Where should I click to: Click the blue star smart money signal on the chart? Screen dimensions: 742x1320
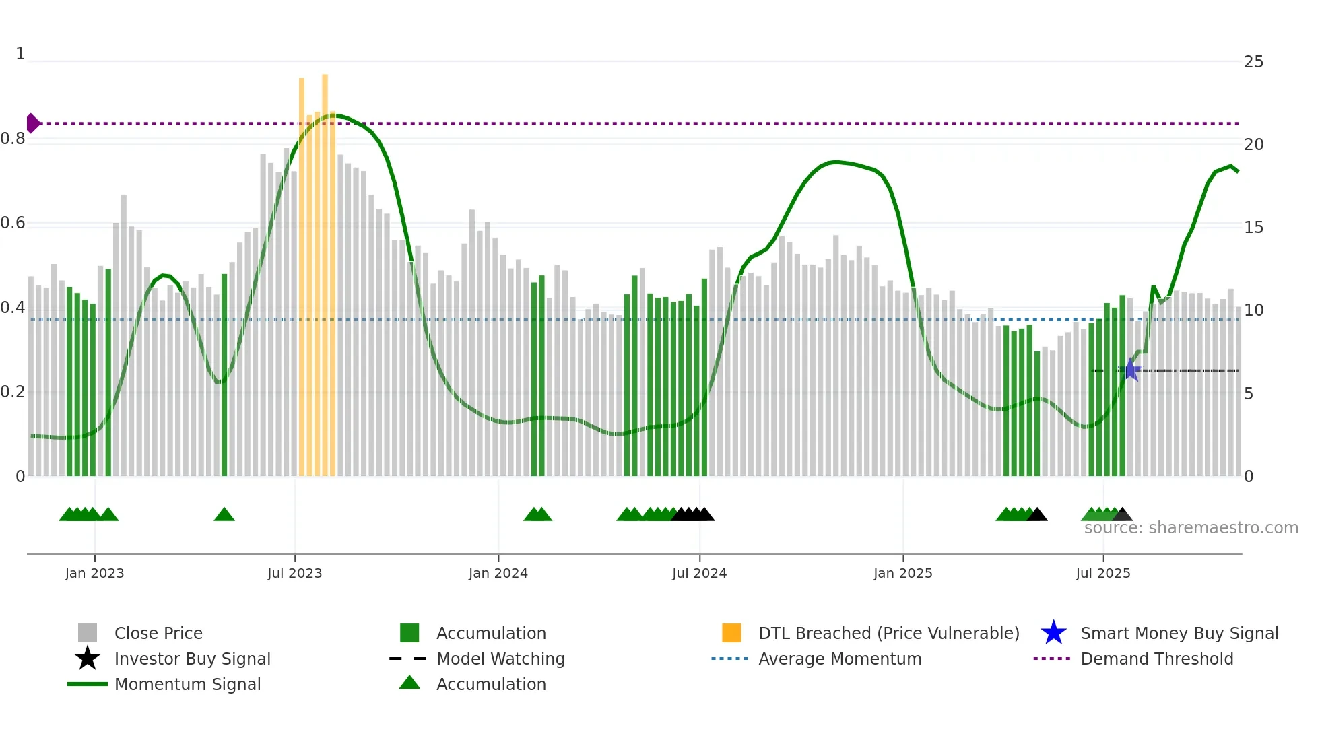click(x=1131, y=370)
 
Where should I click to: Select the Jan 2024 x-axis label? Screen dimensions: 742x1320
click(x=498, y=573)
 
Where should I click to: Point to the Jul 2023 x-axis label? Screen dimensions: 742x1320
click(x=294, y=573)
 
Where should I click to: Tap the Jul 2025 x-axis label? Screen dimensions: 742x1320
click(x=1102, y=573)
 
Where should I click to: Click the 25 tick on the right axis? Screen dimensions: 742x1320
click(x=1253, y=62)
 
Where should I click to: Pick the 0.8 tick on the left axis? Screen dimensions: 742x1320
click(x=13, y=139)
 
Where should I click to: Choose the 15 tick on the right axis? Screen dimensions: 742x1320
click(x=1253, y=228)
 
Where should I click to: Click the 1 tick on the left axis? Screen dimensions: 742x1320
click(x=20, y=54)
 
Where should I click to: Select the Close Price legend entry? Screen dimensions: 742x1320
click(x=158, y=633)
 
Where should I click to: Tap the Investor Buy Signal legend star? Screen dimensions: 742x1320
click(x=88, y=659)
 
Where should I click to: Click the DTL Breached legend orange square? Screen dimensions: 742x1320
click(x=731, y=633)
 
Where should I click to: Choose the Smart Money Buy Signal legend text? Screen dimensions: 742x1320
click(x=1179, y=633)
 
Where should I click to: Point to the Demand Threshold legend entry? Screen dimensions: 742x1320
click(x=1156, y=659)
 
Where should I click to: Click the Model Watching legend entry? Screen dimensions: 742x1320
click(x=500, y=659)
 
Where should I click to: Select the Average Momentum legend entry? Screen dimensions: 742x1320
click(x=840, y=659)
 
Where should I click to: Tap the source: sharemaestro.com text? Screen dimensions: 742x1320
click(x=1191, y=528)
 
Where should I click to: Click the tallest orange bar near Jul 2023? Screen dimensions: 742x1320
click(x=325, y=269)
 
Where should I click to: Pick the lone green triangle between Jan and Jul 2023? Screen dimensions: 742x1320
click(x=224, y=515)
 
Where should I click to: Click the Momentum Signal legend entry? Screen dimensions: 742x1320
click(x=187, y=684)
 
